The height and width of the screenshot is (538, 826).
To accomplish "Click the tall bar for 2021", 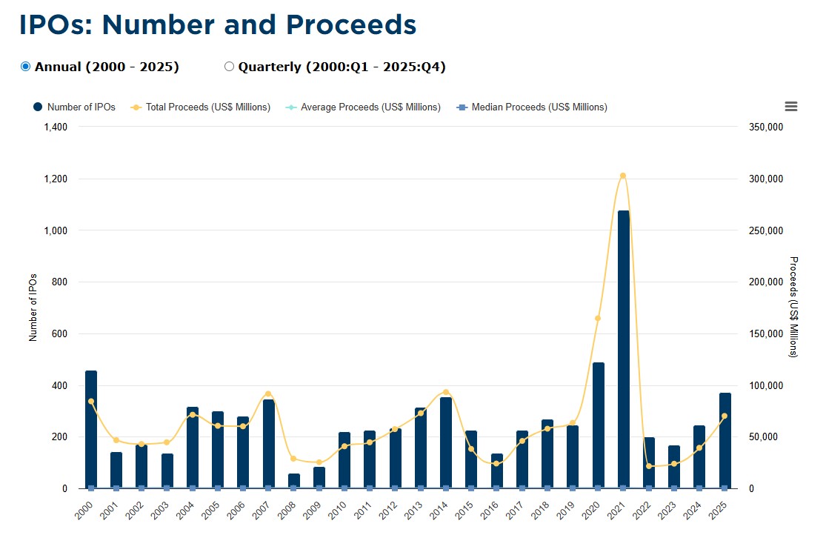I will [623, 348].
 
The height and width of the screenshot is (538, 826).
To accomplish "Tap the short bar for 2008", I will [294, 480].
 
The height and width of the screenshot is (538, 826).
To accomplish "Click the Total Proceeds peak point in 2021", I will [623, 176].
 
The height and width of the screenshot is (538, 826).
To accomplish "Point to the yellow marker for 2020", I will [598, 319].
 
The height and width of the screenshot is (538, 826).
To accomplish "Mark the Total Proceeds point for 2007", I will [268, 393].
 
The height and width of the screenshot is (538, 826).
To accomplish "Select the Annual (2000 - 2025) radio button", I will [26, 67].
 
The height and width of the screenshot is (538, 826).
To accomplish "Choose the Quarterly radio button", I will [229, 67].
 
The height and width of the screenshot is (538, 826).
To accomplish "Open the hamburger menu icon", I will [790, 107].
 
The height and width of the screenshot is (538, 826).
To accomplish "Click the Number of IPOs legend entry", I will [74, 107].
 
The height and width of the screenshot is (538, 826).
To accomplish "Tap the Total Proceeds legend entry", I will [200, 107].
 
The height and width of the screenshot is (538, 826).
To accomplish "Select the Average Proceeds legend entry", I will [362, 107].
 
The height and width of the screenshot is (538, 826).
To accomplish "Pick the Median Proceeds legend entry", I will [531, 107].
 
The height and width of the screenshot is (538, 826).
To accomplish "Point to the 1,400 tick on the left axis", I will [56, 127].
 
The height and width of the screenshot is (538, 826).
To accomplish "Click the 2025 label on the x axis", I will [719, 510].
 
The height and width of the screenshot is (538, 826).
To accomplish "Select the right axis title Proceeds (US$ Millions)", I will [793, 307].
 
